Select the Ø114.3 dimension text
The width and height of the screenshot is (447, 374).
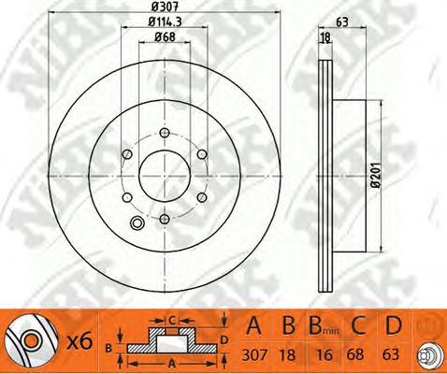165,22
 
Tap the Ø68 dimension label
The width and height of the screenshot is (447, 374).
165,36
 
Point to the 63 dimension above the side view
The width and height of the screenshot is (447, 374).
342,22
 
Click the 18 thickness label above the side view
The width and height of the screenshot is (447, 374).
325,37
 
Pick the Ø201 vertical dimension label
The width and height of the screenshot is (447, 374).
376,175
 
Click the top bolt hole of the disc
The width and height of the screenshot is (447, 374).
165,133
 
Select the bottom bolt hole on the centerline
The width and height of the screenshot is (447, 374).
165,219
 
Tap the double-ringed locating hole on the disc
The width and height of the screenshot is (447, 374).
137,223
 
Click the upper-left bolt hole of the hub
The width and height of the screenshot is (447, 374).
127,154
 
